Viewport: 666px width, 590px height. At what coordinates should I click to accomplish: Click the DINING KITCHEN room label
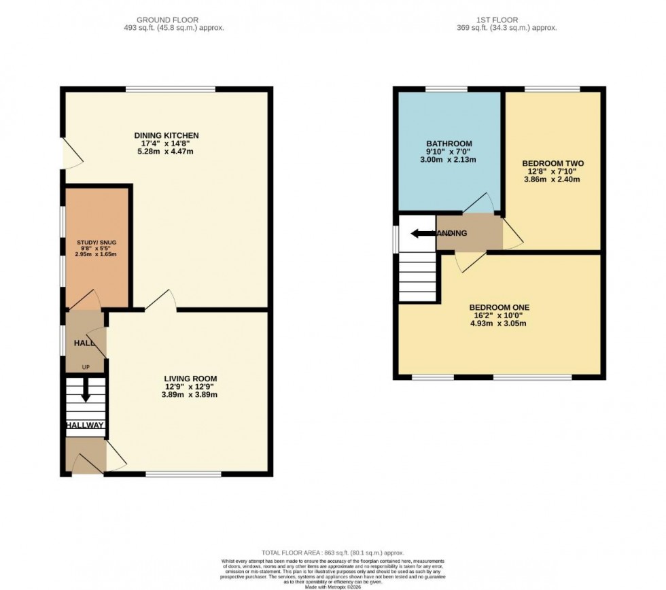(x=166, y=135)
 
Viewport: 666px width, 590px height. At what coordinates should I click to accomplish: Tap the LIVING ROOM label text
(x=190, y=379)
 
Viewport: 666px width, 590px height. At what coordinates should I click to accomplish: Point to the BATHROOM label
(x=445, y=143)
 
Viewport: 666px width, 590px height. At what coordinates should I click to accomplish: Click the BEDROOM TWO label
(x=553, y=163)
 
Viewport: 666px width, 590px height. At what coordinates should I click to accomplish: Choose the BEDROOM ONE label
(x=498, y=307)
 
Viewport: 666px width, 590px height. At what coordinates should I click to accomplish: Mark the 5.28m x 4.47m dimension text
(x=166, y=151)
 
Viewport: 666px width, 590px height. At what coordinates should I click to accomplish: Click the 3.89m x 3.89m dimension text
(x=190, y=394)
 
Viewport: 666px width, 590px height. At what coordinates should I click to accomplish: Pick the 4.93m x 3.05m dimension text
(x=498, y=323)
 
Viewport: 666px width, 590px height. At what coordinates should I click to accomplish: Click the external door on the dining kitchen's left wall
(x=70, y=153)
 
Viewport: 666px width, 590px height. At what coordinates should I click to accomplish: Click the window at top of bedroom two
(x=552, y=89)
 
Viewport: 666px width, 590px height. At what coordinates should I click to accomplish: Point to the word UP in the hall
(x=86, y=368)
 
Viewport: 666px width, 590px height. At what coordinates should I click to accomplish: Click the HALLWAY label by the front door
(x=86, y=426)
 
